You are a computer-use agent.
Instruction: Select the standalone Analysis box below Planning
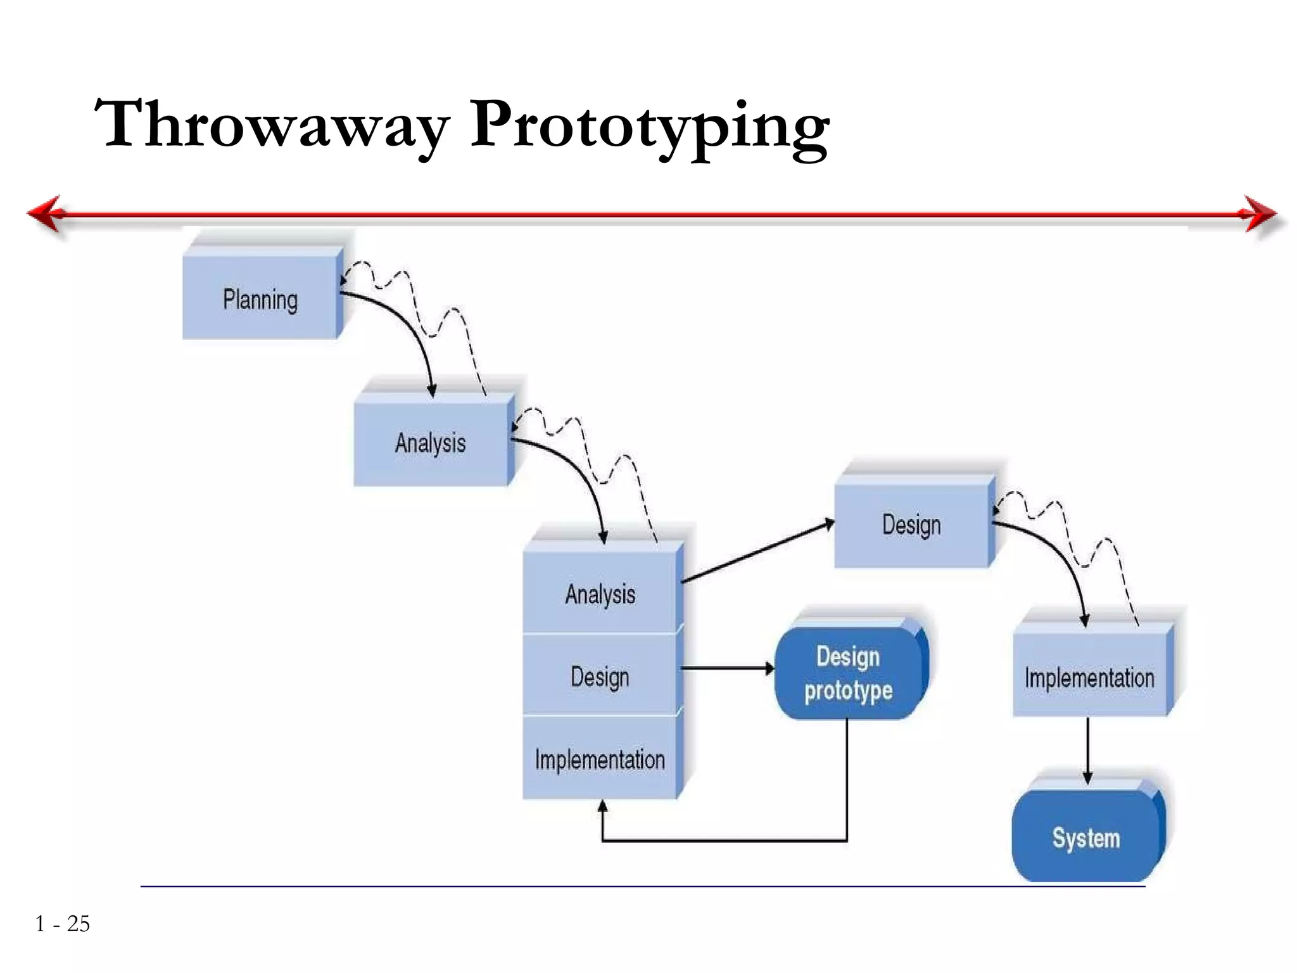[x=431, y=443]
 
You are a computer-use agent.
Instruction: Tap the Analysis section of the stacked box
[x=600, y=594]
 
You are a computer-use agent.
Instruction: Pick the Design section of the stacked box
[x=600, y=676]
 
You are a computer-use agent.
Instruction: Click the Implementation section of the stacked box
[x=600, y=759]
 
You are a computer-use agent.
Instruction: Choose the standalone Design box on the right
[x=911, y=525]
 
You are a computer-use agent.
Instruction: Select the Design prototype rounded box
[x=849, y=673]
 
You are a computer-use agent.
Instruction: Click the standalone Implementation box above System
[x=1089, y=677]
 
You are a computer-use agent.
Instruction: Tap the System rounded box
[x=1086, y=837]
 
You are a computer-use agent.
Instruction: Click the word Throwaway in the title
[x=272, y=125]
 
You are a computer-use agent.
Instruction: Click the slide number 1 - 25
[x=63, y=924]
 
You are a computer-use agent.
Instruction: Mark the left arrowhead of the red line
[x=46, y=213]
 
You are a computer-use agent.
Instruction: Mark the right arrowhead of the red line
[x=1260, y=213]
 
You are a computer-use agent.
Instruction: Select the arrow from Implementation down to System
[x=1087, y=751]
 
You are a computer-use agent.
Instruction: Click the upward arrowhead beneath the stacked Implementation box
[x=602, y=807]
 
